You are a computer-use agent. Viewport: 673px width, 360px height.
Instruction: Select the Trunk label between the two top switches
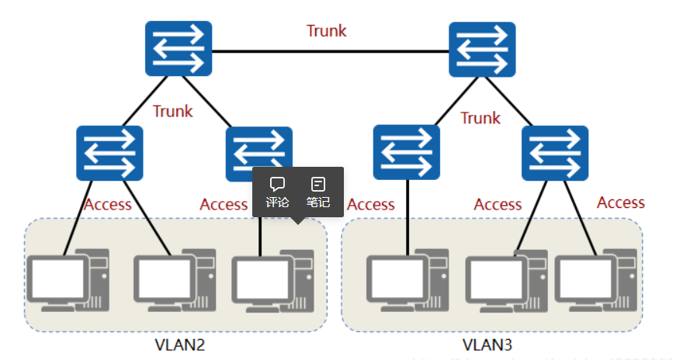tap(326, 31)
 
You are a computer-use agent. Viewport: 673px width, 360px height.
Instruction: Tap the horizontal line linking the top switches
tap(330, 51)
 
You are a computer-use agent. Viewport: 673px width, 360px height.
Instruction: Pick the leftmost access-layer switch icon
tap(109, 154)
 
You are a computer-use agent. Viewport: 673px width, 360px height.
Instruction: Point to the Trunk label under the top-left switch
tap(172, 111)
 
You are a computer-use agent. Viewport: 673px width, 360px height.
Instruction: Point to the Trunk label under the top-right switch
tap(480, 118)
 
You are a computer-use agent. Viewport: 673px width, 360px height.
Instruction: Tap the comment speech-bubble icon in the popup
tap(277, 185)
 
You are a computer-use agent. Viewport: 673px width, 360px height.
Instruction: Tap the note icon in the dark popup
tap(318, 185)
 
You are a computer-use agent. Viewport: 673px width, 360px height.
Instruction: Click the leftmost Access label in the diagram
tap(107, 205)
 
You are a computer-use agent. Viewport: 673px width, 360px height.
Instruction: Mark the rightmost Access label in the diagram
tap(620, 202)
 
